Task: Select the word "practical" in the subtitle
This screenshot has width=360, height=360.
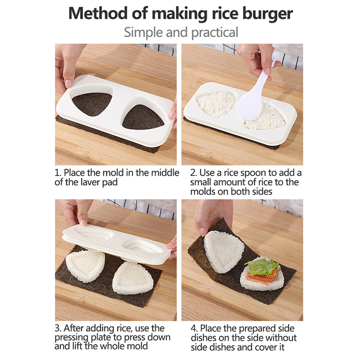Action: (215, 32)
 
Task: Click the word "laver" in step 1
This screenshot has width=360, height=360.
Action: (90, 182)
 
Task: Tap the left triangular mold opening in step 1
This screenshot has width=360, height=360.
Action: (92, 104)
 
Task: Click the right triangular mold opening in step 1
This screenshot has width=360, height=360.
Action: (143, 117)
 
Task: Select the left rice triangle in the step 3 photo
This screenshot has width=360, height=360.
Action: (85, 266)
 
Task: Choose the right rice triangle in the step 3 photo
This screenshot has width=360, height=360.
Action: (133, 278)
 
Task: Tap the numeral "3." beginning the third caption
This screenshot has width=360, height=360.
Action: (58, 328)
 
